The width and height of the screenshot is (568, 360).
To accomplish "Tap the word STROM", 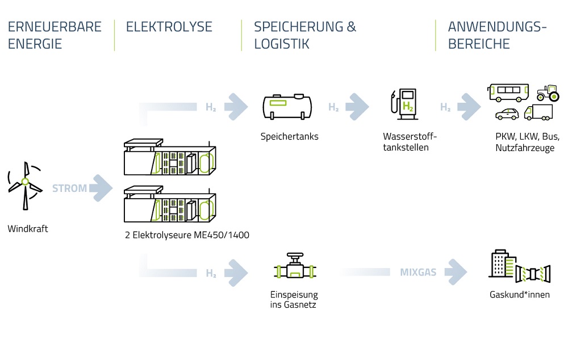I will (x=69, y=188).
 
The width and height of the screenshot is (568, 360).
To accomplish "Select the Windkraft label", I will (x=28, y=229).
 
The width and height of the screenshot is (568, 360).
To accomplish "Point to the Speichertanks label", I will (x=289, y=136).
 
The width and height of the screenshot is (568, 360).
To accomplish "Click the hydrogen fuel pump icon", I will (x=404, y=103).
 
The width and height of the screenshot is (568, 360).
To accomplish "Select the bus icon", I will (x=508, y=91).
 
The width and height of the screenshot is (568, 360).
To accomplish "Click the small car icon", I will (x=507, y=114).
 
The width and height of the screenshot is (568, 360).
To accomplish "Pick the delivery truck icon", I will (x=538, y=112).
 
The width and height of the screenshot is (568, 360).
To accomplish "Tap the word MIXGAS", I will (x=417, y=273).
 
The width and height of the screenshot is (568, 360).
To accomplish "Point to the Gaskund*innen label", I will (x=519, y=295).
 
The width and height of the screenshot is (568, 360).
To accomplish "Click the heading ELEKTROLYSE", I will (x=169, y=27).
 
